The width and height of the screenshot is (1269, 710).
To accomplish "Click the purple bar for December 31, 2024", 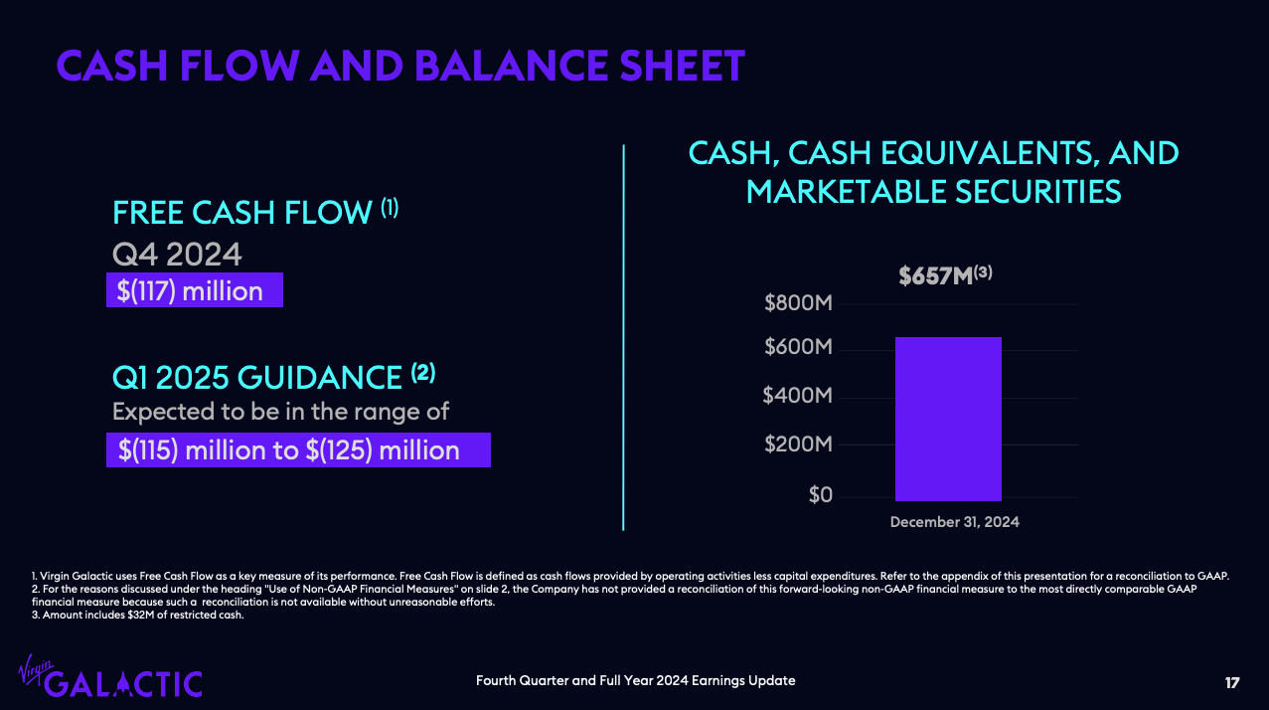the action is pyautogui.click(x=948, y=419).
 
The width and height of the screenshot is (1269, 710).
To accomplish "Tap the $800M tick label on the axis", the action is pyautogui.click(x=798, y=303).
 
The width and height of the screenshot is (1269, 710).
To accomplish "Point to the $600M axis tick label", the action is pyautogui.click(x=798, y=346).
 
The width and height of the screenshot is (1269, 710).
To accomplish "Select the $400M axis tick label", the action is pyautogui.click(x=798, y=395).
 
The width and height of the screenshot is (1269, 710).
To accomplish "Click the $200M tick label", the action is pyautogui.click(x=798, y=444).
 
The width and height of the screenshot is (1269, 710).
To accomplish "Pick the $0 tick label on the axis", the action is pyautogui.click(x=820, y=495).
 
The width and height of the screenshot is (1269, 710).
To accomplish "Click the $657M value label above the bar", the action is pyautogui.click(x=945, y=275).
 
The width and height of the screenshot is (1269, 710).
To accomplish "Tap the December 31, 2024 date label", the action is pyautogui.click(x=955, y=522).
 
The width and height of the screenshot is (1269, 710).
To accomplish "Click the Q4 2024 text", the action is pyautogui.click(x=177, y=254).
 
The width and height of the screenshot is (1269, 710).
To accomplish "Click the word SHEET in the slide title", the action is pyautogui.click(x=682, y=66).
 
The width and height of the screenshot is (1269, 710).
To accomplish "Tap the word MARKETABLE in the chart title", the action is pyautogui.click(x=846, y=191).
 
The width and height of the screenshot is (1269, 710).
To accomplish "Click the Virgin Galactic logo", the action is pyautogui.click(x=110, y=676).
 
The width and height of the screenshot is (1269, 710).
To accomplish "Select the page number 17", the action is pyautogui.click(x=1231, y=683).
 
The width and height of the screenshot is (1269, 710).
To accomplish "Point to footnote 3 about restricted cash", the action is pyautogui.click(x=138, y=615).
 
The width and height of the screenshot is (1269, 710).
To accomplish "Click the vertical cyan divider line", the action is pyautogui.click(x=623, y=337).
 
